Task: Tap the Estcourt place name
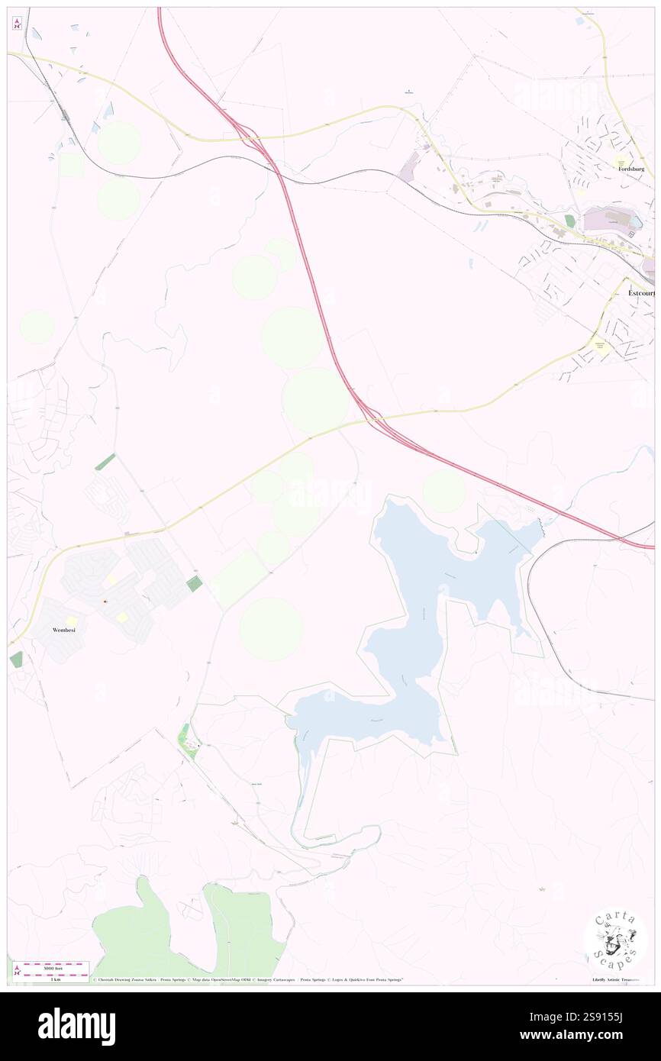tap(637, 292)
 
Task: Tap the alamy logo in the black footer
tap(76, 1027)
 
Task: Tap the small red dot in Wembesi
tap(105, 602)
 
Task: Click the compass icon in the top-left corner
tap(17, 24)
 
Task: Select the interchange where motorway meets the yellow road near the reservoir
tap(369, 414)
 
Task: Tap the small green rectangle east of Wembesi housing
tap(195, 584)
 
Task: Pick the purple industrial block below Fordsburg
tap(608, 221)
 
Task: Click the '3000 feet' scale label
tap(50, 965)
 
